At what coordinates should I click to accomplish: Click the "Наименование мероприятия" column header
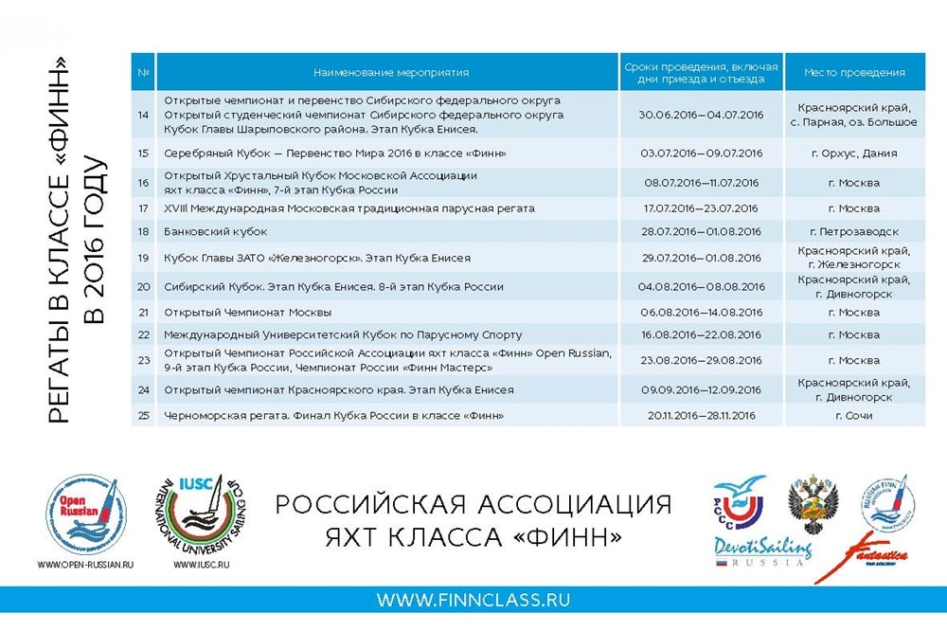(x=391, y=72)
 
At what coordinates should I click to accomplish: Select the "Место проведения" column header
(x=854, y=72)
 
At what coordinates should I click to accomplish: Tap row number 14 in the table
(x=144, y=115)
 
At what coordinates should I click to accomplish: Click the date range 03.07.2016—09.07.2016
(x=702, y=153)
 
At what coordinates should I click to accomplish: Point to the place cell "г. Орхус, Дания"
(x=854, y=153)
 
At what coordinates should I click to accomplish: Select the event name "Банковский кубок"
(x=216, y=231)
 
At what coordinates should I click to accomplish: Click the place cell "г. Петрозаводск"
(x=854, y=231)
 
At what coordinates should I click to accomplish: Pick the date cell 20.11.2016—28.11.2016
(x=702, y=416)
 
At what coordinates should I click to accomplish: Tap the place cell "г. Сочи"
(x=854, y=416)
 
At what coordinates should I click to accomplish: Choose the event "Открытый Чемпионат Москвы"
(x=248, y=313)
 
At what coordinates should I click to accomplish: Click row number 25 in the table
(x=144, y=416)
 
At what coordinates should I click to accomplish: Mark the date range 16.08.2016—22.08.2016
(x=702, y=335)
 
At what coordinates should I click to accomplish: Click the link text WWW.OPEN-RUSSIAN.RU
(x=85, y=565)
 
